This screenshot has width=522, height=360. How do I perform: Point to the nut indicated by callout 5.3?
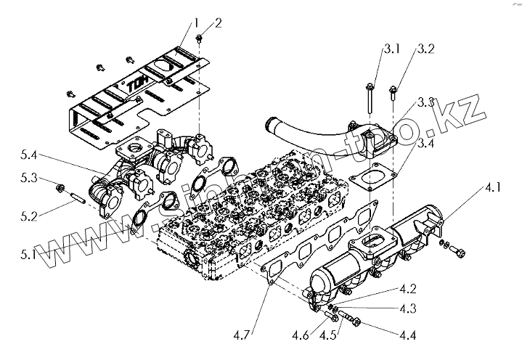(x=60, y=189)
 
